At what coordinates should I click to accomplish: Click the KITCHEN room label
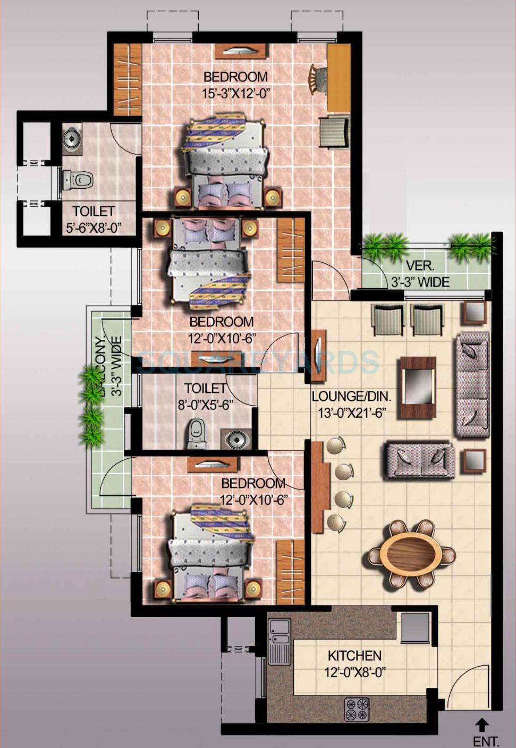point(354,655)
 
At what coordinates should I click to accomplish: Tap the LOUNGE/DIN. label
point(351,396)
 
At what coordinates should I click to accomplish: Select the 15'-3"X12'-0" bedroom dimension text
point(236,94)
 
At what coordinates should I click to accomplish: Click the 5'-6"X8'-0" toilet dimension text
point(94,228)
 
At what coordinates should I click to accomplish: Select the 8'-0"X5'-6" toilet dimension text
point(206,405)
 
